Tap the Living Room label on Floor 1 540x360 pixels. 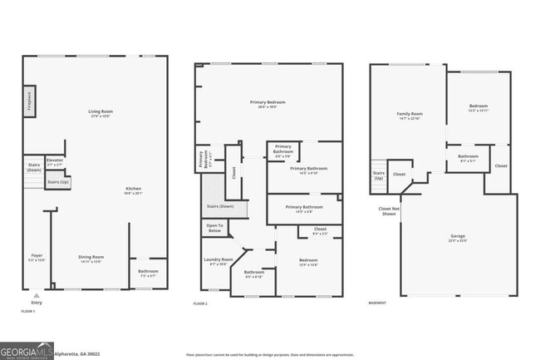100,113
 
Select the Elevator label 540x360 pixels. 55,161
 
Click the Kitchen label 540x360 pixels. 133,190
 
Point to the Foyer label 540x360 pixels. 37,258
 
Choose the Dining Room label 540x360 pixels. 91,259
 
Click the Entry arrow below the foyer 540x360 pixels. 35,296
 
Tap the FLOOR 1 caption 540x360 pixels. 28,311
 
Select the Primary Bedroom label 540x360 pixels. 268,104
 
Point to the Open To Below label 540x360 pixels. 214,228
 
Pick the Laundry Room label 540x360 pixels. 218,261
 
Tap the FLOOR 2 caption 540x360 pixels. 200,304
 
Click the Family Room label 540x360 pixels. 409,116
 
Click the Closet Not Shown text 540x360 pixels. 390,211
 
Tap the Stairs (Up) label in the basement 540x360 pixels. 378,175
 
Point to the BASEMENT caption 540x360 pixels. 378,303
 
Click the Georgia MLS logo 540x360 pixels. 27,350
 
